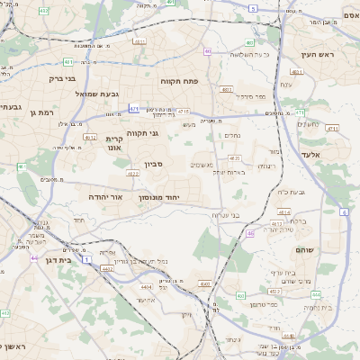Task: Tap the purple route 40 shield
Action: [x=208, y=52]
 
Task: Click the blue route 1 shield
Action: [x=86, y=259]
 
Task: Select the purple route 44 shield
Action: [x=34, y=258]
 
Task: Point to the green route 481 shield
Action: [x=68, y=62]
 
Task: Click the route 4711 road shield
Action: [x=332, y=129]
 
